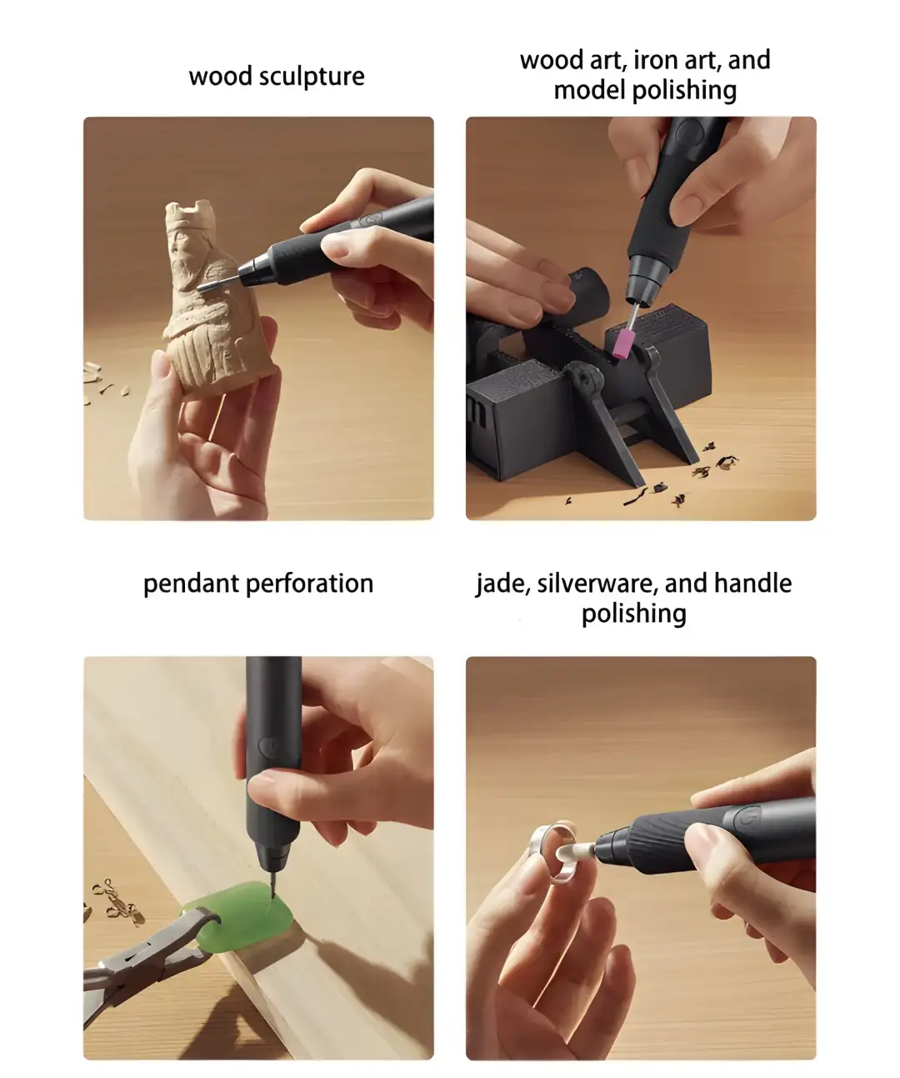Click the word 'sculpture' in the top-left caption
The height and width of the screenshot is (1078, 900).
[x=312, y=77]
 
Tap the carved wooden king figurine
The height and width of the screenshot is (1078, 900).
[x=209, y=300]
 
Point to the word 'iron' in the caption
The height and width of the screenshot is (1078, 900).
[x=656, y=61]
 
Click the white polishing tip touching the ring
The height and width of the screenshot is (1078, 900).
[x=587, y=849]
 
